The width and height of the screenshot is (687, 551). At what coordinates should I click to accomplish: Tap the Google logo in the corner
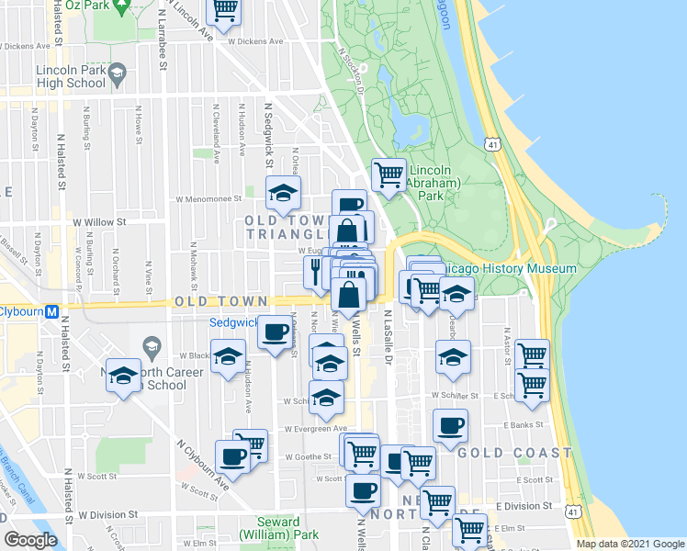[30, 540]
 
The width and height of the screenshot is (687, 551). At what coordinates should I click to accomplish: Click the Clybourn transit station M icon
[52, 310]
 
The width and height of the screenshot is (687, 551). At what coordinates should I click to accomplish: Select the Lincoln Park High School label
[71, 76]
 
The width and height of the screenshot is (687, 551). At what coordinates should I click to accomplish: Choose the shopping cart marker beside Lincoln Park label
[389, 173]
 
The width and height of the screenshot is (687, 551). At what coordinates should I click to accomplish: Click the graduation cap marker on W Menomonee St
[283, 192]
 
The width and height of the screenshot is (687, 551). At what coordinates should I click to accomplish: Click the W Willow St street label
[98, 221]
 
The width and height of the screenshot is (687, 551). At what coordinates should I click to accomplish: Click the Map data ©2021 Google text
[631, 544]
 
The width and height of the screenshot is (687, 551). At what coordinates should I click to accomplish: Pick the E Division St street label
[524, 506]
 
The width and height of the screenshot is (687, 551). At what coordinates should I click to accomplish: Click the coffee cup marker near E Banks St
[450, 426]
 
